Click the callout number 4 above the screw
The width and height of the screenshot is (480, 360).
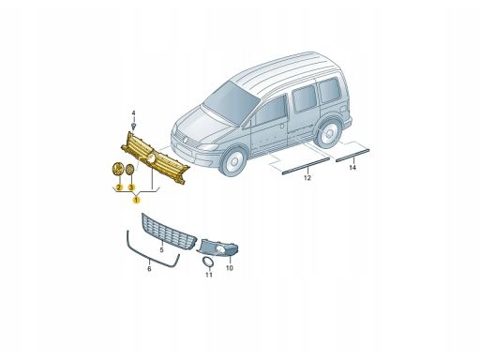[133, 113]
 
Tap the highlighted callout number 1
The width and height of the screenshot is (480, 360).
[137, 199]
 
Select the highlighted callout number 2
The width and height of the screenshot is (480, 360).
[119, 187]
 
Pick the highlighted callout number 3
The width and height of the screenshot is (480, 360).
[131, 187]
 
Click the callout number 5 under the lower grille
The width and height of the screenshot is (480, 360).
[161, 250]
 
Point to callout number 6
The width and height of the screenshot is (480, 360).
[149, 269]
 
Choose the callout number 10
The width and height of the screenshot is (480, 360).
[230, 268]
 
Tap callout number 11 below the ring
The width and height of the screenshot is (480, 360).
[209, 275]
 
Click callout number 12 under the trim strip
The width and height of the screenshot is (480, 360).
[307, 178]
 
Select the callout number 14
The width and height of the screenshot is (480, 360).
[352, 168]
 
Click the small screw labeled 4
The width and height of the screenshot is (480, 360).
[134, 127]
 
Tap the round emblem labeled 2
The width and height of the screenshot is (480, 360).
[117, 169]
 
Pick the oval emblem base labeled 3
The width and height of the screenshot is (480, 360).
[129, 170]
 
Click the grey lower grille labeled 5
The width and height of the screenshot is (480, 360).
[169, 230]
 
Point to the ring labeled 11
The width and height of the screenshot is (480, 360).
[207, 262]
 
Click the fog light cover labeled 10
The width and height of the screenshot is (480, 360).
[217, 247]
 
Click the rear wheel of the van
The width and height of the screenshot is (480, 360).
[327, 133]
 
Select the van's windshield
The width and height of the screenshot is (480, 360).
[232, 100]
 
